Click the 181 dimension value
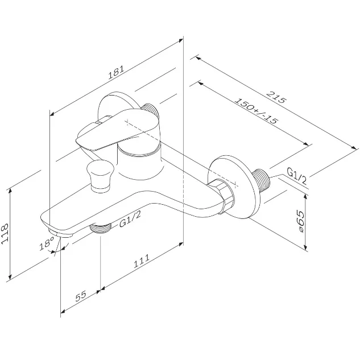(x=116, y=72)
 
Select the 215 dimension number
(x=276, y=97)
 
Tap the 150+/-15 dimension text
(x=256, y=111)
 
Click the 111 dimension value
(x=142, y=261)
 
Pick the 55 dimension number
(x=81, y=296)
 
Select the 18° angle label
(x=47, y=243)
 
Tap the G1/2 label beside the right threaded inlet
(x=297, y=176)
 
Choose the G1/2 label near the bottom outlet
(x=130, y=220)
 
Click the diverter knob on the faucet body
(x=100, y=176)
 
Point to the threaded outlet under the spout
(x=100, y=228)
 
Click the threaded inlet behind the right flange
(x=262, y=181)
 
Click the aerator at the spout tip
(x=60, y=233)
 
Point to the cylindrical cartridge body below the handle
(x=140, y=162)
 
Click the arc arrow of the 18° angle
(x=62, y=249)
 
